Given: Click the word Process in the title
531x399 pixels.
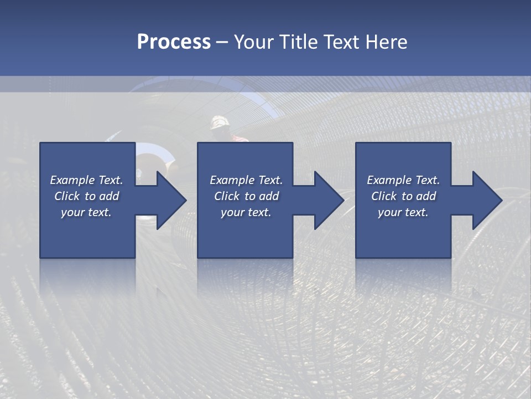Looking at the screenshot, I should (174, 42).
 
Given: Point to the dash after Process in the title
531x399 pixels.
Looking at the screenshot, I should (222, 43).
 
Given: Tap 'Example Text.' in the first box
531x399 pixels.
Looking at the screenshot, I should (86, 180).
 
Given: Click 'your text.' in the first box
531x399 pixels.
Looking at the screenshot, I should (86, 212).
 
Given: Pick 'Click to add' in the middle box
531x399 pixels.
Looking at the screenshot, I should (246, 196).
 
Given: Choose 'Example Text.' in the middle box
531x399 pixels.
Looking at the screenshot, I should (246, 180).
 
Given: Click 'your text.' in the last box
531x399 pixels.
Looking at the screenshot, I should (403, 212).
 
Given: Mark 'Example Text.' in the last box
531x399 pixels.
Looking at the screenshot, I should (403, 180).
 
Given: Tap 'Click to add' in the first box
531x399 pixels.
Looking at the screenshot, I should (86, 196).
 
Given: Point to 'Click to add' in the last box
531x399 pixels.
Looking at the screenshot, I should (403, 196).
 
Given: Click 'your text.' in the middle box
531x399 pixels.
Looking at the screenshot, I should (246, 212).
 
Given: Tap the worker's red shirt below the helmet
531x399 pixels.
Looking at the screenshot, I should (239, 138).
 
